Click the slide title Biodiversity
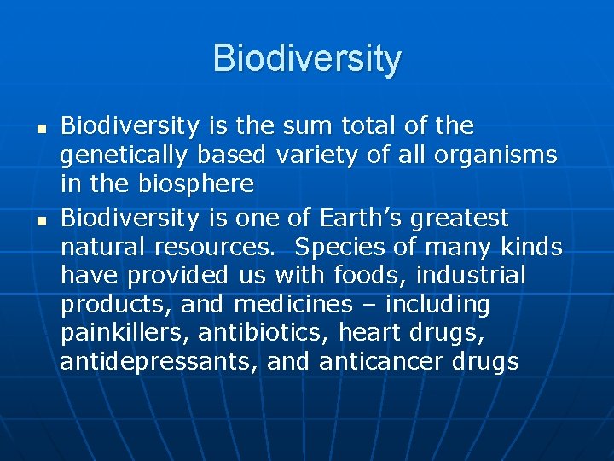click(x=307, y=59)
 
